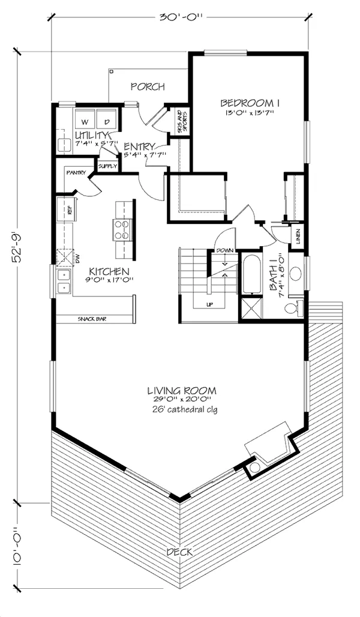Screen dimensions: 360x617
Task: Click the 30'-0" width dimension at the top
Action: (x=181, y=17)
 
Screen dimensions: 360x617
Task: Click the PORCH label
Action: (x=148, y=86)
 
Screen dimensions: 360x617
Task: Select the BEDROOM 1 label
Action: (x=250, y=103)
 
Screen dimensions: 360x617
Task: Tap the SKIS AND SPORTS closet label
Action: (x=182, y=122)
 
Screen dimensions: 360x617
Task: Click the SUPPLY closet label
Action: (x=108, y=166)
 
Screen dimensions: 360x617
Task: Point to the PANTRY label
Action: (x=76, y=173)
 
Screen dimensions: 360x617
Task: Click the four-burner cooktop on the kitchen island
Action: (x=122, y=230)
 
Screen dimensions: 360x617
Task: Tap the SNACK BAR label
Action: (x=92, y=319)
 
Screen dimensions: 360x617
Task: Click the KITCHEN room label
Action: (x=109, y=271)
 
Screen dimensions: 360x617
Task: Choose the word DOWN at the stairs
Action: (x=224, y=250)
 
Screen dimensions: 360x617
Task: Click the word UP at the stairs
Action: (x=209, y=304)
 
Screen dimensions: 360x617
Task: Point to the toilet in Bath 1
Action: (x=293, y=307)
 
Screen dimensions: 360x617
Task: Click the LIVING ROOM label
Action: (x=182, y=391)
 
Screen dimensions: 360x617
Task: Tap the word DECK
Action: (x=180, y=552)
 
